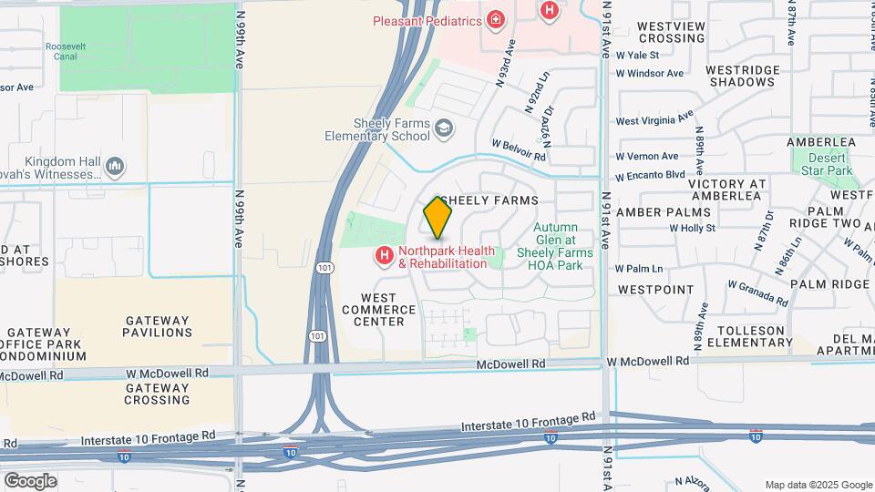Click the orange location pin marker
(x=437, y=217)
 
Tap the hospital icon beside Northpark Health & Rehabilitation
(x=385, y=258)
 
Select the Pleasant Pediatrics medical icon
(x=495, y=19)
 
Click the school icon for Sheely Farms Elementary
(x=444, y=129)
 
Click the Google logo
(x=29, y=480)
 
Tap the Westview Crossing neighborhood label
(x=672, y=33)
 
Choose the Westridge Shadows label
(x=742, y=76)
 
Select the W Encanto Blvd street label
(x=650, y=176)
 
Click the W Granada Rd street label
(x=757, y=292)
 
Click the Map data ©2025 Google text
(x=818, y=485)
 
